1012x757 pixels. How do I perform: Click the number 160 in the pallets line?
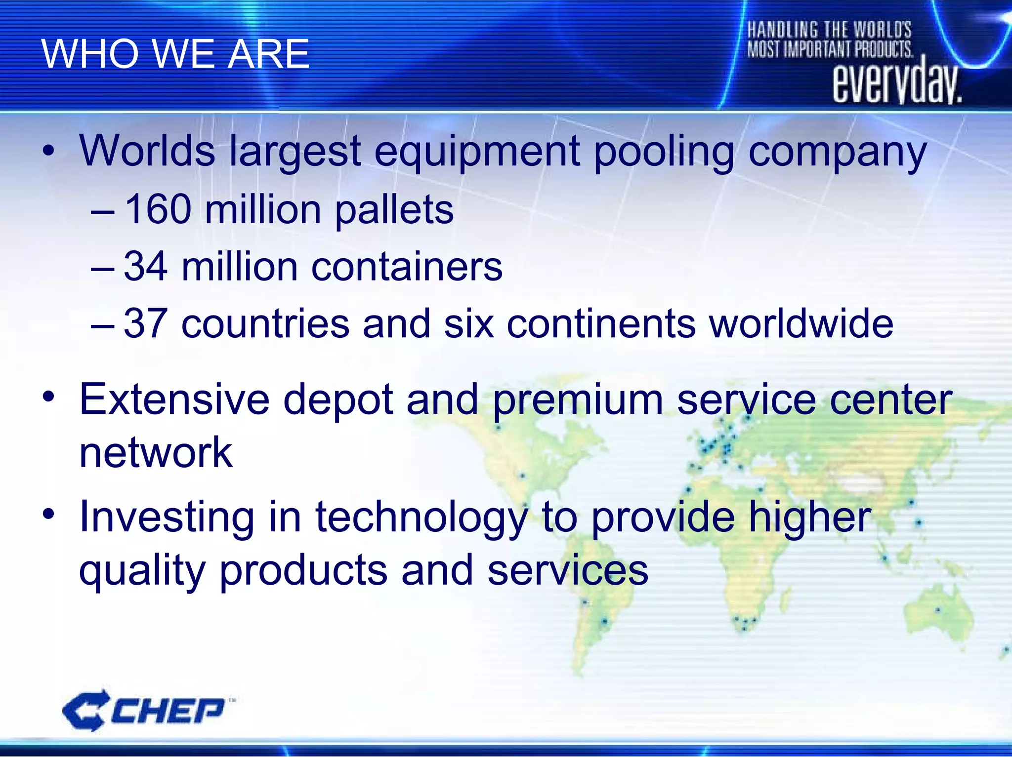click(x=158, y=209)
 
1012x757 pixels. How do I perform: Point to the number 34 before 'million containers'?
click(x=145, y=267)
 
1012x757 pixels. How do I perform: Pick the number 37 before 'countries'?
click(x=145, y=323)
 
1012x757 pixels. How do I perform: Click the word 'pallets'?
click(x=394, y=210)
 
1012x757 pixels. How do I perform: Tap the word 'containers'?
click(x=407, y=267)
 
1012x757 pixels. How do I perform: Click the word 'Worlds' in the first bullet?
click(x=147, y=151)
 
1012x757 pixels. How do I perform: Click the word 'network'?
click(x=156, y=452)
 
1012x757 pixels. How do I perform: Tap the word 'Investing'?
click(x=167, y=518)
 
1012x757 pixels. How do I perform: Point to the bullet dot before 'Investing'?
click(x=48, y=515)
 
